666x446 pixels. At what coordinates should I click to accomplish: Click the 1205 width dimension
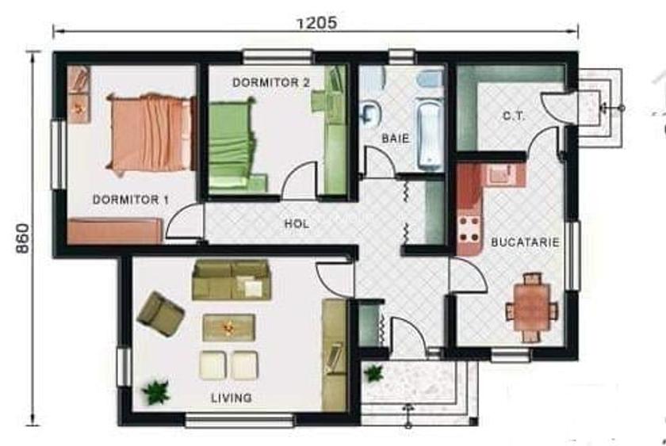(316, 23)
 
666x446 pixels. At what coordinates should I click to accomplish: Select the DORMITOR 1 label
(131, 200)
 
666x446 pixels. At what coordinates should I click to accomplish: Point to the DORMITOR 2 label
(270, 82)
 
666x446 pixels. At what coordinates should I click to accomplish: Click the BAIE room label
(395, 138)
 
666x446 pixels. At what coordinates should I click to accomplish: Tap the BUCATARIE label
(525, 242)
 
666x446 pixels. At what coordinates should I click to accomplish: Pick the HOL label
(297, 224)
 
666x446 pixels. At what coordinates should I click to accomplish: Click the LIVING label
(232, 398)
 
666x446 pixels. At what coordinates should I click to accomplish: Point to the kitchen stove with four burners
(469, 228)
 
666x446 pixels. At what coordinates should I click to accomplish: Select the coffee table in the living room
(229, 326)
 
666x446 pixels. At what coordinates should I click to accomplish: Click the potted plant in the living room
(156, 391)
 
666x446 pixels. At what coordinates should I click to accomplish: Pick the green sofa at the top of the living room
(232, 280)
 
